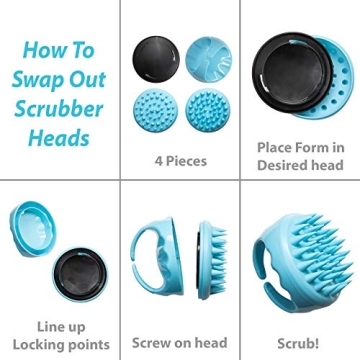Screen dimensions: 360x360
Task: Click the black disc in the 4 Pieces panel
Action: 154,60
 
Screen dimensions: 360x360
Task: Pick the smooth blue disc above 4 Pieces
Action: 207,60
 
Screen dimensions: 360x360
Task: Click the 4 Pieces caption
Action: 180,159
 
